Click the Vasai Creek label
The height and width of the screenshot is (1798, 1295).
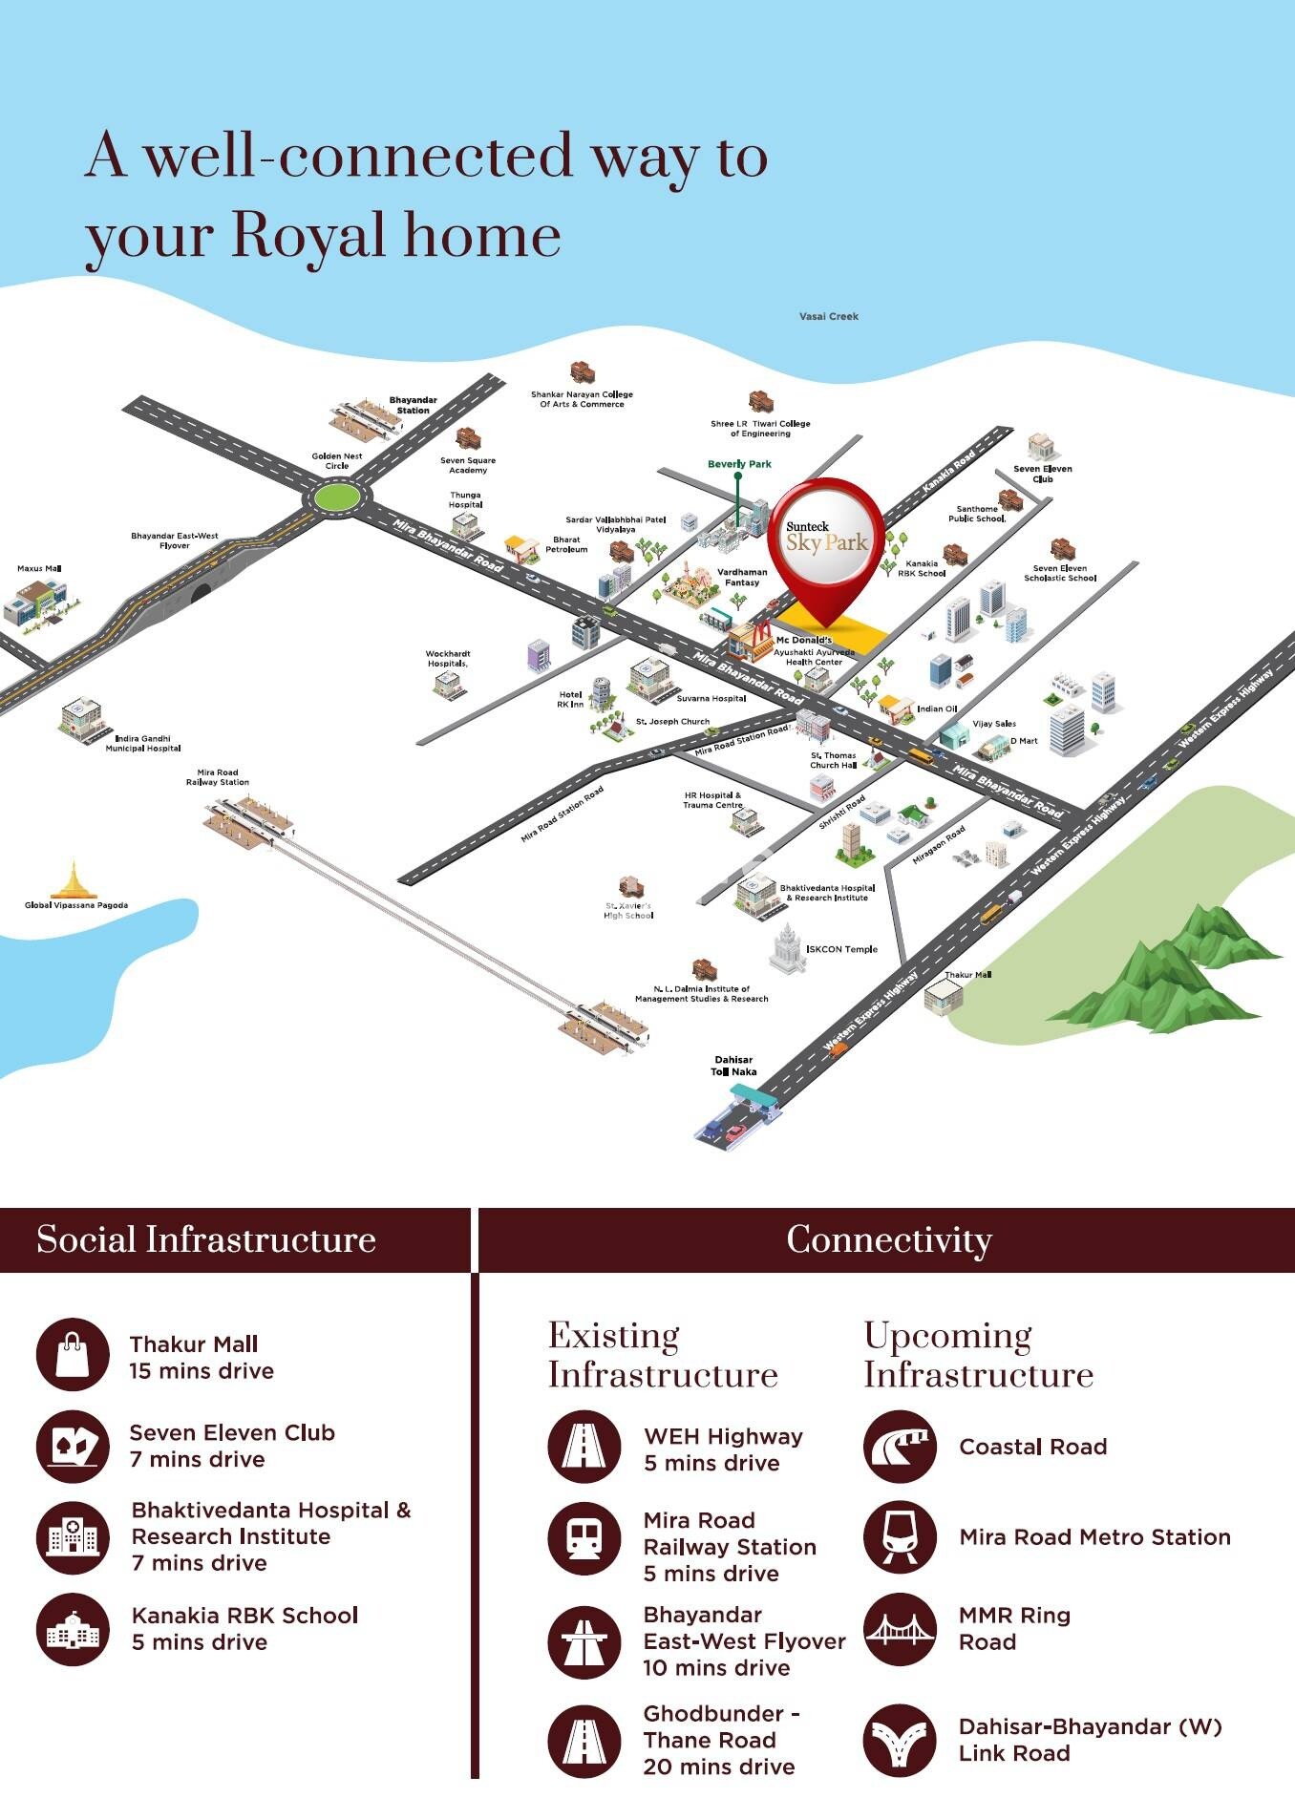pos(828,316)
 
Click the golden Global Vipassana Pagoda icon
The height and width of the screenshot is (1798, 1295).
pos(74,879)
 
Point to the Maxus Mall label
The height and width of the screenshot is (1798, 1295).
pos(39,569)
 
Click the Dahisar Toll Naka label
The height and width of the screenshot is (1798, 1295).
pos(733,1066)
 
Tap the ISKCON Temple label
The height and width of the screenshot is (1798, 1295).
pos(841,949)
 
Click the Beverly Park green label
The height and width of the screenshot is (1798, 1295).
pos(739,464)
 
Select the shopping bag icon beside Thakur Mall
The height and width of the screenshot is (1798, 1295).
pos(73,1354)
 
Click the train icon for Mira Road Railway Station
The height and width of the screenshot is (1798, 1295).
pos(584,1539)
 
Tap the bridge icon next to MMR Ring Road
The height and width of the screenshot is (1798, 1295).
pos(899,1629)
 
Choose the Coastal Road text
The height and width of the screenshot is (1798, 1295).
pos(1032,1447)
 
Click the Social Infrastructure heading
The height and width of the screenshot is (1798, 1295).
pos(206,1239)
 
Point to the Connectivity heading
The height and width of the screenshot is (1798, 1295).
pos(889,1239)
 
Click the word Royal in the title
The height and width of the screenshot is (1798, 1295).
pos(308,235)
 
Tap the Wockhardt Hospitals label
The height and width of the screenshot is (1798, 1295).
pos(448,659)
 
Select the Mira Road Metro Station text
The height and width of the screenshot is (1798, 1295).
pos(1094,1537)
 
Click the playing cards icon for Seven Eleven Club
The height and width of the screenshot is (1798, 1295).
pos(73,1446)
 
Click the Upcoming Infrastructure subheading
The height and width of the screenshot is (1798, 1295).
pos(978,1355)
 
